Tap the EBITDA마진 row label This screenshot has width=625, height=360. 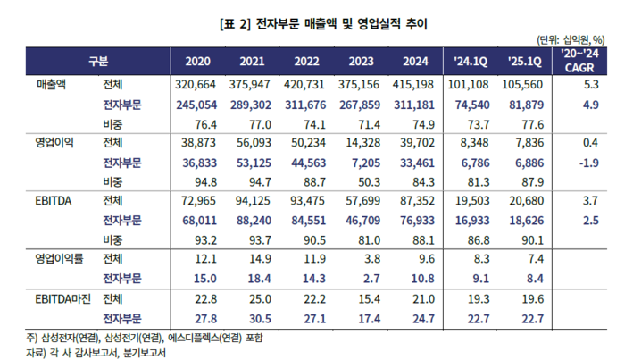(62, 297)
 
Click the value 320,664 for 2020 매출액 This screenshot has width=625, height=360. (197, 86)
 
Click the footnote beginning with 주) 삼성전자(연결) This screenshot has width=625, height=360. (146, 339)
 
